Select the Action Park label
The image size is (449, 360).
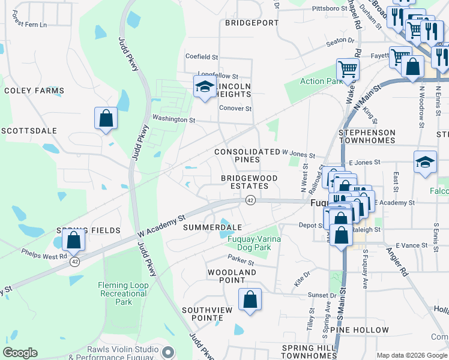[x=321, y=82]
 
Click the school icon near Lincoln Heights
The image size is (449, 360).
[x=205, y=87]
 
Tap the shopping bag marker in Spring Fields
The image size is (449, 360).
[x=73, y=240]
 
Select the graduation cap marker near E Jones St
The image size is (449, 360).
[x=425, y=161]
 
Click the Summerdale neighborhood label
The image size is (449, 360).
[x=212, y=227]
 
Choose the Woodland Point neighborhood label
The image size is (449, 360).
[x=232, y=276]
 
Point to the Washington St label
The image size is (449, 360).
[x=174, y=119]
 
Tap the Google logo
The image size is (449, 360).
[x=20, y=353]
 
